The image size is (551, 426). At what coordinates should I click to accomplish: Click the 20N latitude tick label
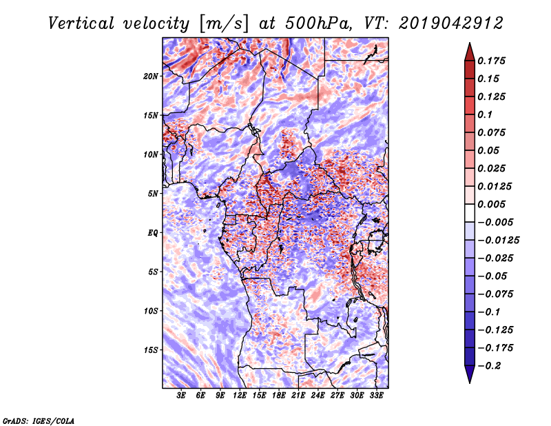click(151, 77)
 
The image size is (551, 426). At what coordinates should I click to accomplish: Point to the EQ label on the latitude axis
click(153, 233)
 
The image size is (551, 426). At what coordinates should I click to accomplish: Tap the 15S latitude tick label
click(151, 350)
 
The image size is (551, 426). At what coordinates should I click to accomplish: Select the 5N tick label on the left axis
click(153, 194)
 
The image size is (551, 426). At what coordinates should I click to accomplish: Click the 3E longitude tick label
click(181, 396)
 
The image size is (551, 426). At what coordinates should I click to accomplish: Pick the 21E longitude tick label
click(298, 396)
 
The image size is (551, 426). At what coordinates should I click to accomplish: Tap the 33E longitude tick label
click(376, 396)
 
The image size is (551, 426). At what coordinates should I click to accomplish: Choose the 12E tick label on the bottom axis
click(240, 396)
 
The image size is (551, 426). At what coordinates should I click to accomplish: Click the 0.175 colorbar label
click(491, 61)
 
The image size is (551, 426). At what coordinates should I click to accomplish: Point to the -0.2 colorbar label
click(489, 366)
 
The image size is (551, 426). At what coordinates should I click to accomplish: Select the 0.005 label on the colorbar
click(491, 204)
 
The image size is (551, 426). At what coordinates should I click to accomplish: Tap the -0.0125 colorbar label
click(498, 241)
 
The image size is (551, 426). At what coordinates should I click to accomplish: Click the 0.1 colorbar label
click(485, 114)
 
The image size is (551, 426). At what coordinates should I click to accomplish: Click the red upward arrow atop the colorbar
click(470, 52)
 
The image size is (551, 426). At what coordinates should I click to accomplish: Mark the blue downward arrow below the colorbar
click(470, 374)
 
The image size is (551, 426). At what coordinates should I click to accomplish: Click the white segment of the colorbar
click(470, 213)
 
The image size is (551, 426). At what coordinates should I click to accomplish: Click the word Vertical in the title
click(81, 23)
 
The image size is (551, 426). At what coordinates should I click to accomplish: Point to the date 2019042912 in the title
click(451, 23)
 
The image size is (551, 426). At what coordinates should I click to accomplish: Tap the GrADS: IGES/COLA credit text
click(39, 421)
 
